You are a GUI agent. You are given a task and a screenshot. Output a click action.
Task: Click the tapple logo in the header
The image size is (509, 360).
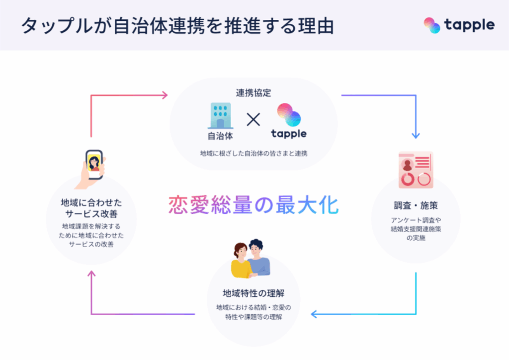click(459, 25)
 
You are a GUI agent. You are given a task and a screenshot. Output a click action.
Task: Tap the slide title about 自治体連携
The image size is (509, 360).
click(176, 26)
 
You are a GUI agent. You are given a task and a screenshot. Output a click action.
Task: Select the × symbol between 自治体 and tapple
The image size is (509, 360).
click(254, 119)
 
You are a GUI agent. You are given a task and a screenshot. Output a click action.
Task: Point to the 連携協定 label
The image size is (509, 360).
click(254, 93)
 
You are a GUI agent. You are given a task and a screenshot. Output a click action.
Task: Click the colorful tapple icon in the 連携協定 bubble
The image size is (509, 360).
click(289, 116)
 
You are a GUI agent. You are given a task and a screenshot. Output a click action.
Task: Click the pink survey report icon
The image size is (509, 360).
click(416, 169)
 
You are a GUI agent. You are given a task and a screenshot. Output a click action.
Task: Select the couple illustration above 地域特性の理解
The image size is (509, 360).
click(251, 259)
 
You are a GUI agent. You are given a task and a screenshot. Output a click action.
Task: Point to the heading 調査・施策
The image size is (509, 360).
click(416, 205)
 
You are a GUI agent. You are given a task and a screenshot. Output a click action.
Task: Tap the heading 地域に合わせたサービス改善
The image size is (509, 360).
click(90, 209)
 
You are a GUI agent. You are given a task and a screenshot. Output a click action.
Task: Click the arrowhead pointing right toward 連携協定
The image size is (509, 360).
click(165, 95)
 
